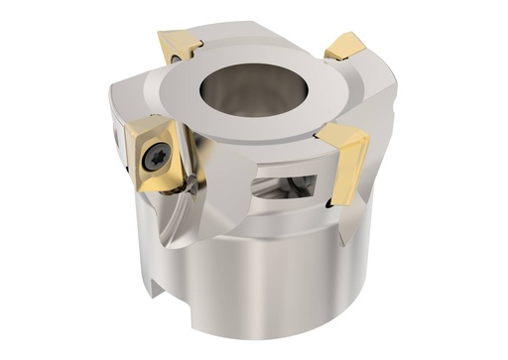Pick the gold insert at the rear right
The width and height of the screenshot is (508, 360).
[x=346, y=46]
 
